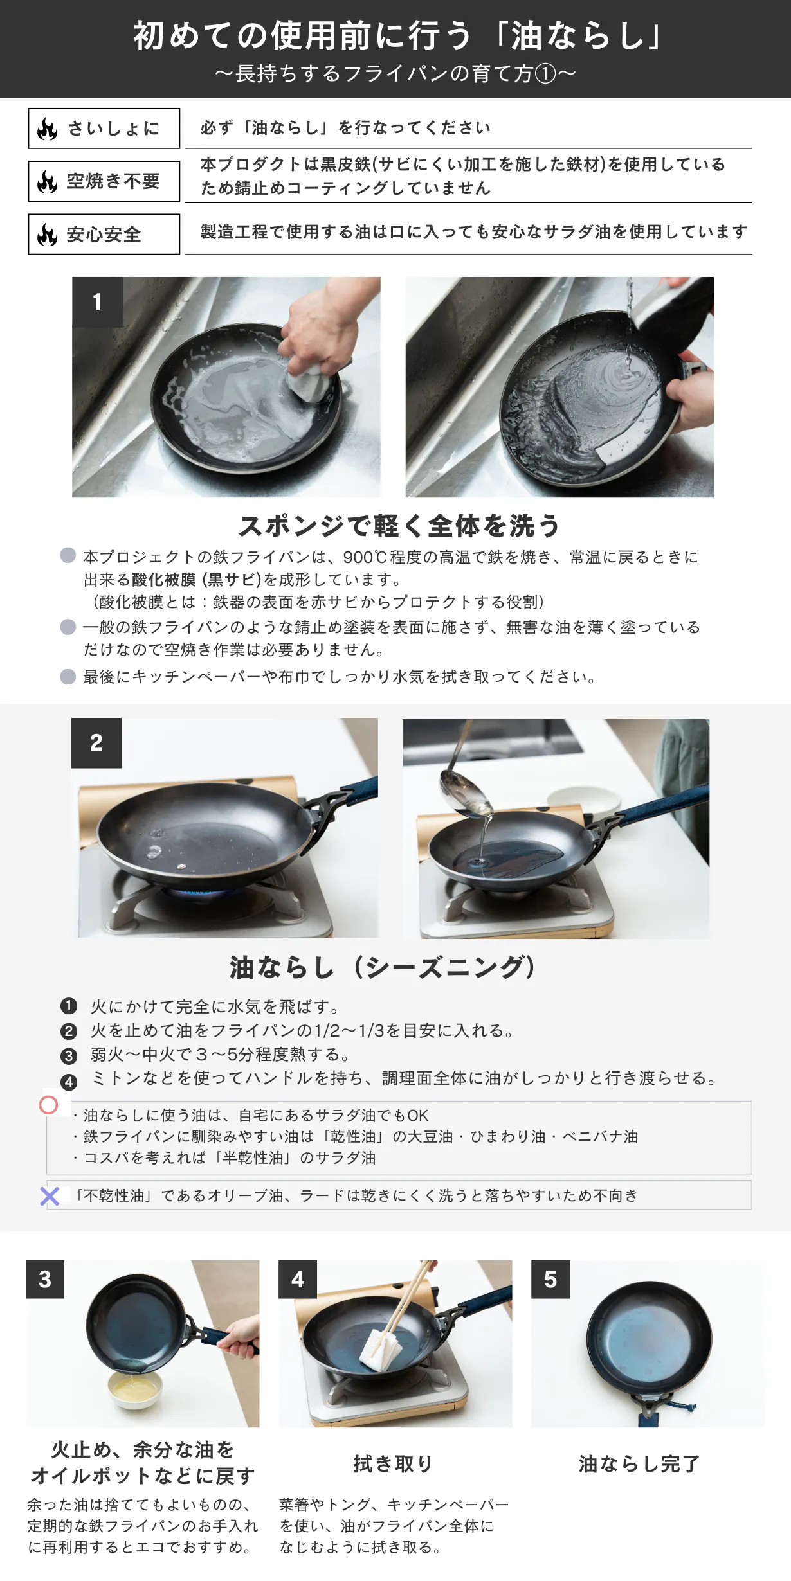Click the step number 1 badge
[x=97, y=302]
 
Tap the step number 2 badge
[x=96, y=743]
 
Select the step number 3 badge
[x=45, y=1279]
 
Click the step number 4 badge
[x=298, y=1279]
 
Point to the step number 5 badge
[x=550, y=1279]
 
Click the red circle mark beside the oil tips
[x=49, y=1105]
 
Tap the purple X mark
[x=50, y=1196]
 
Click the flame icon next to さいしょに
[x=48, y=129]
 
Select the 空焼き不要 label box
[x=104, y=181]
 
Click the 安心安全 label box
[x=104, y=234]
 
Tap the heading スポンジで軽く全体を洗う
[x=399, y=526]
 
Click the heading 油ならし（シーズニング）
[x=384, y=967]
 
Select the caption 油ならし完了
[x=639, y=1464]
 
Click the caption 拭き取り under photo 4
[x=393, y=1464]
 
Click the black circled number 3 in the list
[x=69, y=1056]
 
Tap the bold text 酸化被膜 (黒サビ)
[x=196, y=580]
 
